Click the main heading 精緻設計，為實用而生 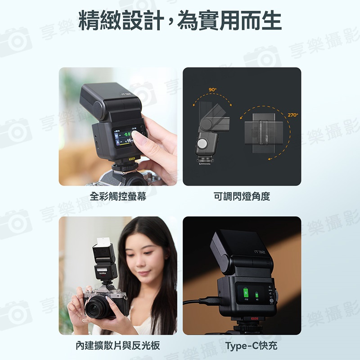point(180,21)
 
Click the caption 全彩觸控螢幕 point(118,197)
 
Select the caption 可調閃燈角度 point(242,197)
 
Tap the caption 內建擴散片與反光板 point(118,346)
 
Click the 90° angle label point(213,90)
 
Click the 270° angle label point(292,115)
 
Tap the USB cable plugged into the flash point(200,302)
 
